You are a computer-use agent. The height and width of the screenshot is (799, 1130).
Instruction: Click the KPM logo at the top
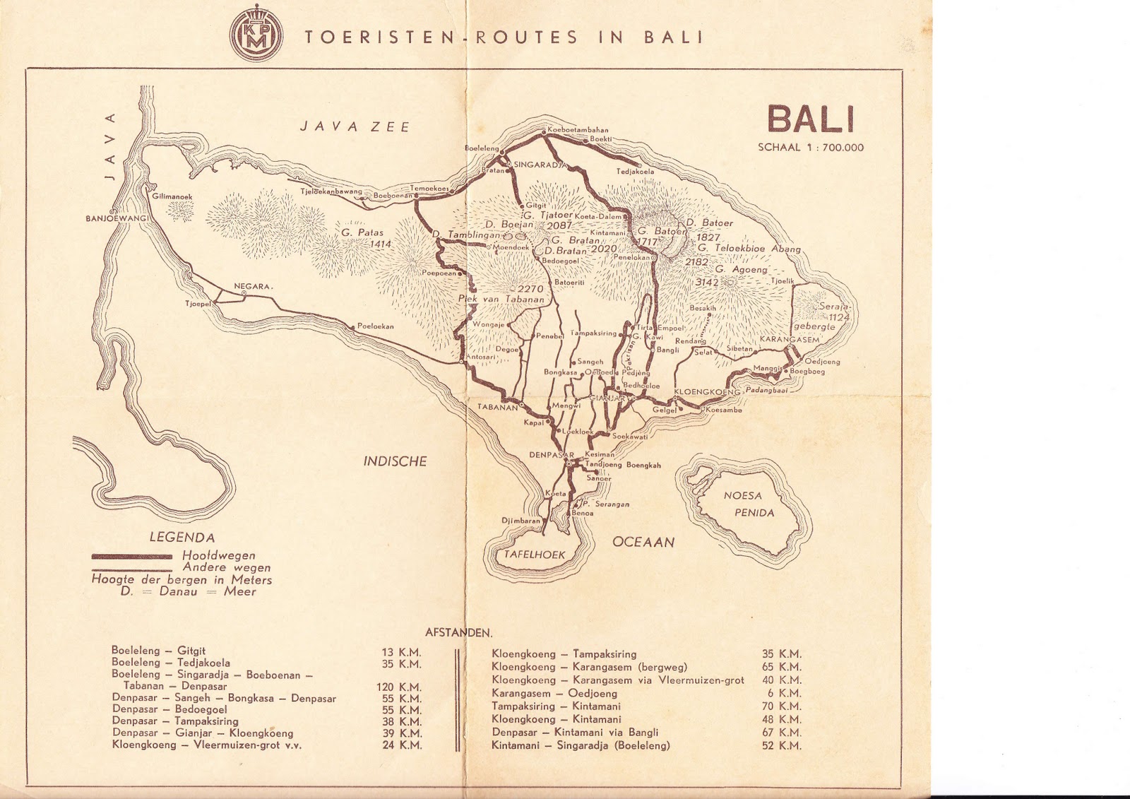256,37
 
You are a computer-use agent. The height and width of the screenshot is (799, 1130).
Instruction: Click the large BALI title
811,120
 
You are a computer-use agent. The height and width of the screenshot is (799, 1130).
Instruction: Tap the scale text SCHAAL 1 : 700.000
811,148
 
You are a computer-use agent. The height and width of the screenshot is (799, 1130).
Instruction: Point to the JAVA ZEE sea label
355,127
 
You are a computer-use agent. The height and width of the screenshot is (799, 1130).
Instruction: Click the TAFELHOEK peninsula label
534,555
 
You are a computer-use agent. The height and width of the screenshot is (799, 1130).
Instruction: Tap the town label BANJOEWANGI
116,218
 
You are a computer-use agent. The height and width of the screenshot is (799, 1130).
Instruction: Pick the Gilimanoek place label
172,196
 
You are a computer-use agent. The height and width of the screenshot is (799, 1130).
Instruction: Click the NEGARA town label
253,286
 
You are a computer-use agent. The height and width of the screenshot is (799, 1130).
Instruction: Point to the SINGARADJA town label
541,165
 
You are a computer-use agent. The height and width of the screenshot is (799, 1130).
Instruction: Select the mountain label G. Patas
362,232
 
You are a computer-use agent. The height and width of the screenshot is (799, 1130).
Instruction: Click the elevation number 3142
706,282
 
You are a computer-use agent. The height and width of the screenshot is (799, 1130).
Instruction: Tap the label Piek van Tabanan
501,299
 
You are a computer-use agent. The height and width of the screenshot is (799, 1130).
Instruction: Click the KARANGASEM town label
790,340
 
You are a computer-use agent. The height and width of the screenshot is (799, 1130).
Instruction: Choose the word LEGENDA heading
182,538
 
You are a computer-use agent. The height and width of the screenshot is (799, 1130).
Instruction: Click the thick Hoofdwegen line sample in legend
131,556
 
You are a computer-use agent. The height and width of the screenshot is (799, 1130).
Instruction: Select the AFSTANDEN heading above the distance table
458,633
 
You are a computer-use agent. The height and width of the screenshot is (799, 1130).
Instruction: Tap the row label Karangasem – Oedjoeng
554,693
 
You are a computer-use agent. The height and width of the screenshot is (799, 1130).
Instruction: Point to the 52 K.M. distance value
781,745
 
